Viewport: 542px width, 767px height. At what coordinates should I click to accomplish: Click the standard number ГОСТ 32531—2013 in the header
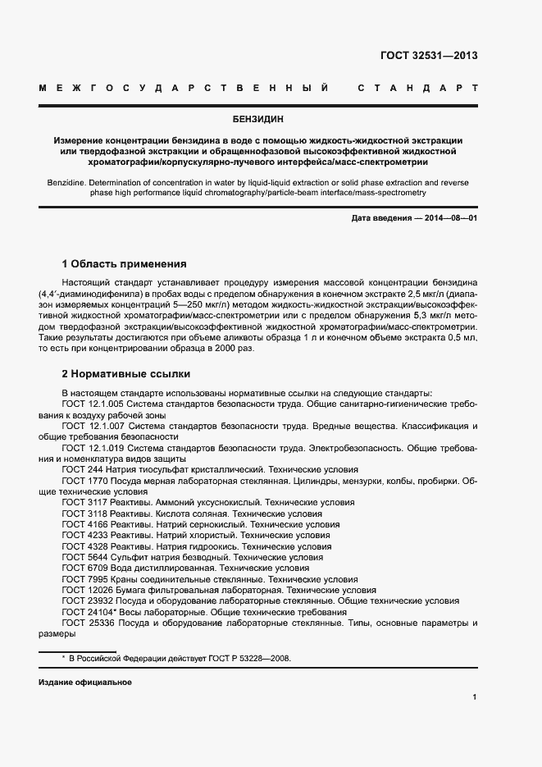tap(428, 56)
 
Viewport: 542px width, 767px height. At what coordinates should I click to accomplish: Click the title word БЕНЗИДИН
tap(270, 119)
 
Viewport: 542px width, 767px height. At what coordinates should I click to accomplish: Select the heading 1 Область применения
tap(124, 264)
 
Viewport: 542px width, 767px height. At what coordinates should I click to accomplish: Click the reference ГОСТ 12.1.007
tap(92, 427)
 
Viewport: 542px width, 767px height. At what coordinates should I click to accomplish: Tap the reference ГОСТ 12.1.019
tap(92, 448)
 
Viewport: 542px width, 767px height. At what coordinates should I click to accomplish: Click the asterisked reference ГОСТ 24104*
tap(87, 612)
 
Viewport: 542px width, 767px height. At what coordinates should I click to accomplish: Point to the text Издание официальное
tap(84, 683)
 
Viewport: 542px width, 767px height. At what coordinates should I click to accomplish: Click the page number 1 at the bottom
tap(474, 697)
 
